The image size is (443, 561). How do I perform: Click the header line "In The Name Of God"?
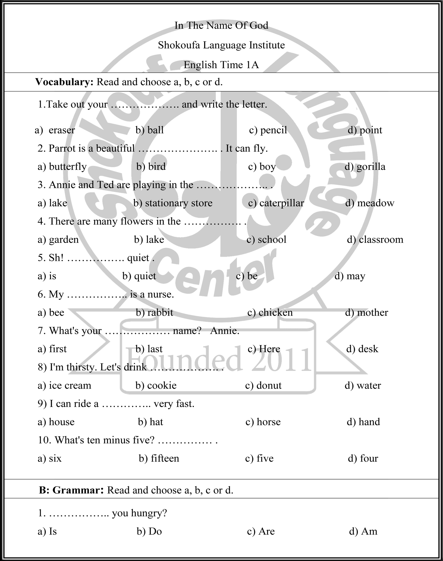click(x=221, y=26)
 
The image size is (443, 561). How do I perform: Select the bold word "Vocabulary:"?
click(x=64, y=82)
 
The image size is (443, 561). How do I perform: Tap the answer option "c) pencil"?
click(x=268, y=130)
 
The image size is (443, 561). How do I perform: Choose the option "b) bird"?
click(x=151, y=167)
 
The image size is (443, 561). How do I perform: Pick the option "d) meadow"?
click(x=370, y=203)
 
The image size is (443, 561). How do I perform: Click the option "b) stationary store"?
click(x=173, y=203)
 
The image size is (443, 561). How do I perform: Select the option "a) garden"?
click(x=58, y=239)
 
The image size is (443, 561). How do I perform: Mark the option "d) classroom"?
click(x=375, y=239)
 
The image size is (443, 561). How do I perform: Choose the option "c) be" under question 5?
click(x=247, y=276)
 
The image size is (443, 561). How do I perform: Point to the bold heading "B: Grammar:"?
click(x=71, y=490)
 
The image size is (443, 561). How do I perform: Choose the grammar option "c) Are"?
click(x=261, y=531)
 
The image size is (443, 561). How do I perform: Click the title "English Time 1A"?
click(x=221, y=65)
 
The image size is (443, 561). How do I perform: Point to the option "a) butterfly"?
click(x=62, y=167)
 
